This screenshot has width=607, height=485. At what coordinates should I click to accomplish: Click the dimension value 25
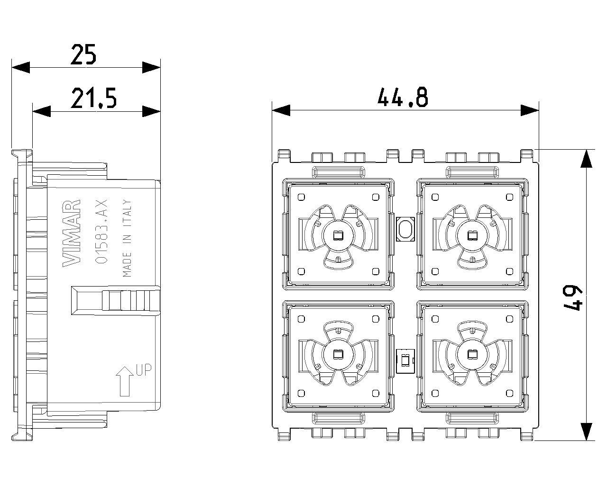coord(83,54)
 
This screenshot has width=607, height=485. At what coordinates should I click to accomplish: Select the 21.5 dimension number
coord(93,98)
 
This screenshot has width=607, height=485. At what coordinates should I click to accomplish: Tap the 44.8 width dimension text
coord(403,97)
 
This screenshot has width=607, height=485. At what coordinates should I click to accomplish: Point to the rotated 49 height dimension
coord(572,298)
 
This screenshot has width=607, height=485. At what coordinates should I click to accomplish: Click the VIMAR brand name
coord(71,234)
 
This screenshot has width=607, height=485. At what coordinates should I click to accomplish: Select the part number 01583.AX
coord(101,232)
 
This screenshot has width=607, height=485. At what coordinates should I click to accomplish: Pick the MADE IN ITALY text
coord(127,238)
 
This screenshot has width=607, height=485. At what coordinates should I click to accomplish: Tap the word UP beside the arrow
coord(144,370)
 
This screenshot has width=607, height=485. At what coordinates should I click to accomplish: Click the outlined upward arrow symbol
coord(125,382)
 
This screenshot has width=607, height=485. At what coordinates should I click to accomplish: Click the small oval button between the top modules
coord(405,229)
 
